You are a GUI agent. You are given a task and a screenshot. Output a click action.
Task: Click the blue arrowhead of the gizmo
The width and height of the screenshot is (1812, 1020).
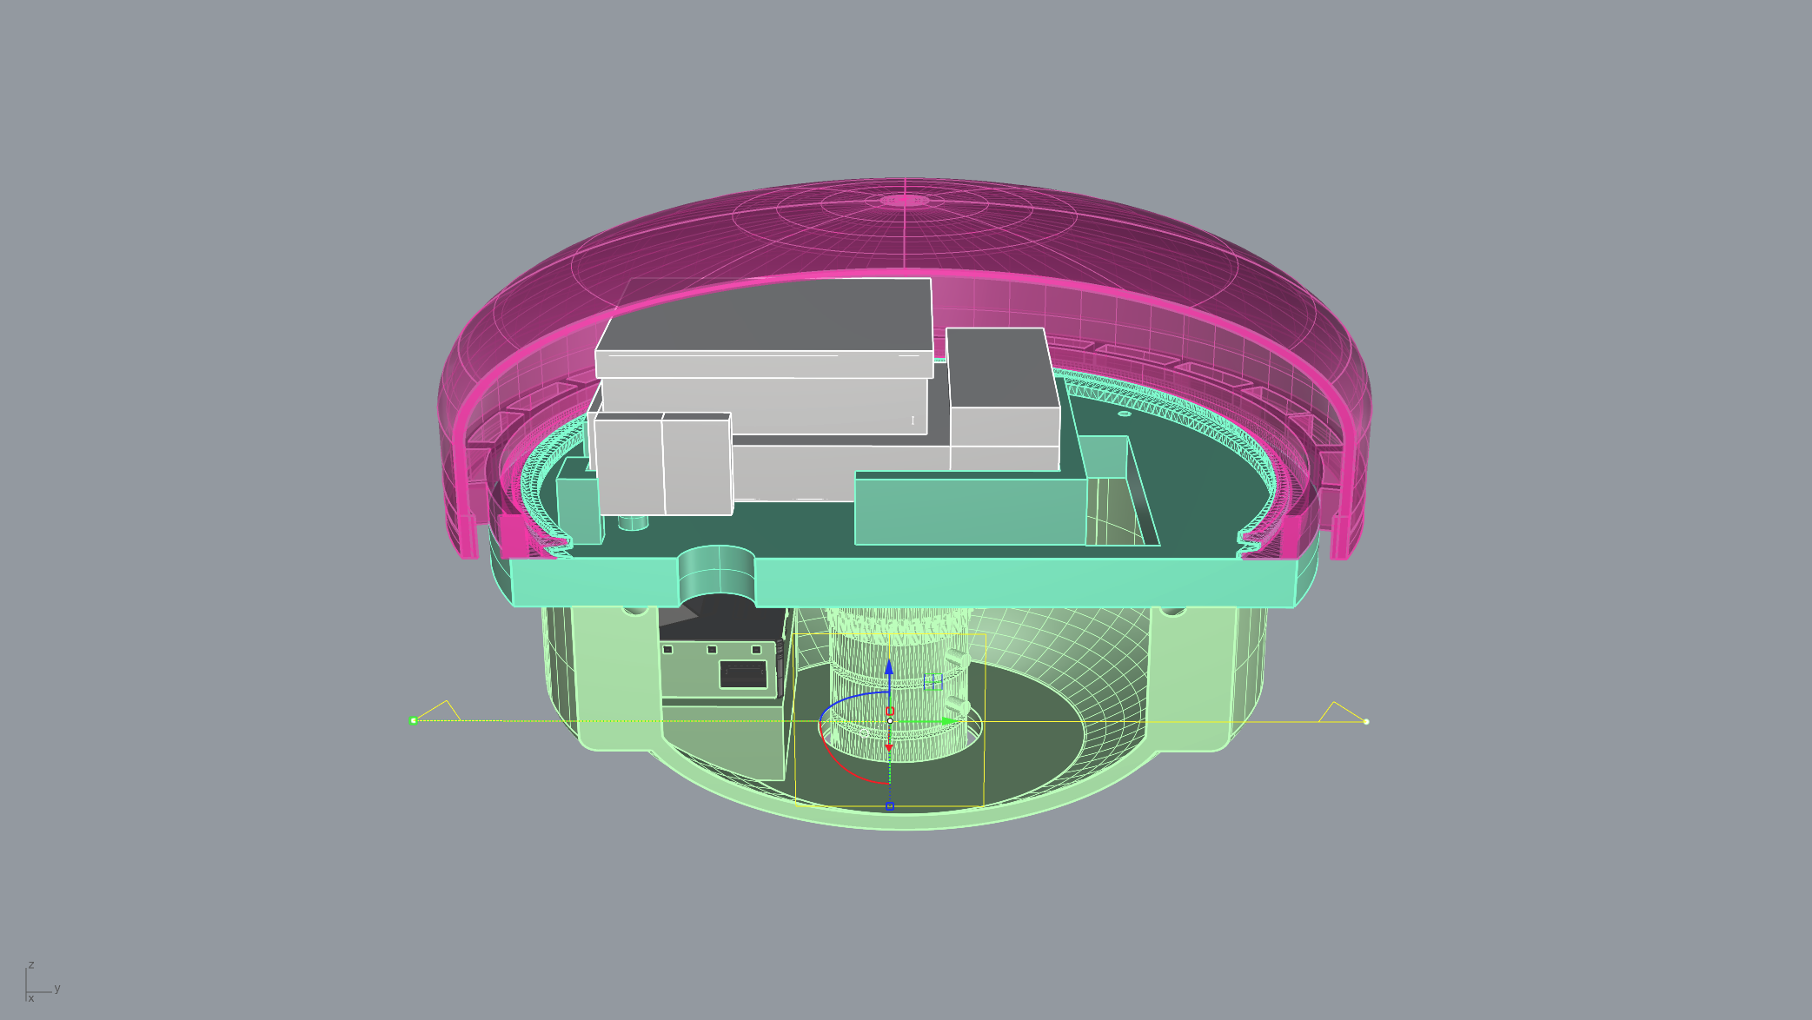[889, 667]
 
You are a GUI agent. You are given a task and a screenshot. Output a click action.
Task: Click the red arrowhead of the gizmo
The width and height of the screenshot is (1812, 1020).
[889, 746]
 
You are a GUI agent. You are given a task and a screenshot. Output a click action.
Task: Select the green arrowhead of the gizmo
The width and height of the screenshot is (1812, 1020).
[950, 721]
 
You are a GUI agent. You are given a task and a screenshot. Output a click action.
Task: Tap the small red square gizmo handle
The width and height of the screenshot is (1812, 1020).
[890, 711]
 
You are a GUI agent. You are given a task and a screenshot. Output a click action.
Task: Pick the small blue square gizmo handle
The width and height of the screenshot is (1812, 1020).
[890, 806]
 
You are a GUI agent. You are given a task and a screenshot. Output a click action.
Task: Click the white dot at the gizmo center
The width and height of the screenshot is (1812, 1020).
[890, 721]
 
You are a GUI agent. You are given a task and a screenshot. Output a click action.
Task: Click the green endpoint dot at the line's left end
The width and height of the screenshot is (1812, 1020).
[414, 720]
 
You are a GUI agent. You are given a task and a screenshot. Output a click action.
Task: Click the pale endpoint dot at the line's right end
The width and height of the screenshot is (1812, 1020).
[1366, 721]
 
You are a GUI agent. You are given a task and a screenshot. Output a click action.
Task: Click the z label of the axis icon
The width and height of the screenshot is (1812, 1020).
[31, 964]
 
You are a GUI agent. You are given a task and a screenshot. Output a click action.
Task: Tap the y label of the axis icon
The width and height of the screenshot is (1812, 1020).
[57, 988]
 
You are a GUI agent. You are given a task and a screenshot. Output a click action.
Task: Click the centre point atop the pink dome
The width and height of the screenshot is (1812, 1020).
[906, 200]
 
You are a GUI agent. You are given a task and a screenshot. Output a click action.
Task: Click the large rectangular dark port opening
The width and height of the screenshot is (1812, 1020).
[743, 673]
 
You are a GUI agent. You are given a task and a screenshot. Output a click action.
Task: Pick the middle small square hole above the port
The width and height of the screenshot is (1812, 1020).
[712, 649]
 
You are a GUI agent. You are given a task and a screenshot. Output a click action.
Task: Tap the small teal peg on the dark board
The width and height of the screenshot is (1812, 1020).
[633, 522]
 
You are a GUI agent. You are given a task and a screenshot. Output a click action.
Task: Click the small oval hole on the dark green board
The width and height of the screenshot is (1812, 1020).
[1125, 414]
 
